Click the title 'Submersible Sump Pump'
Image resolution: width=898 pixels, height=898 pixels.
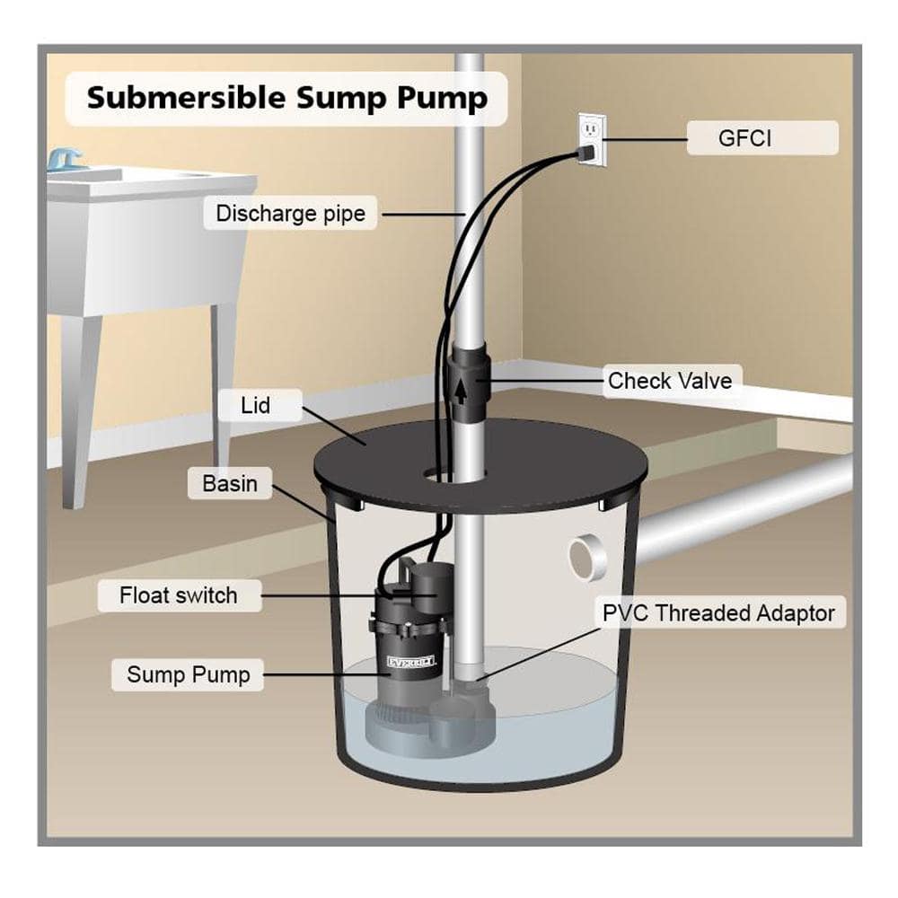tap(286, 98)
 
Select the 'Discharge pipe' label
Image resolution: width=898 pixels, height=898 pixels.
tap(290, 214)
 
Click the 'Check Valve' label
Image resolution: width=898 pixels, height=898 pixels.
tap(669, 381)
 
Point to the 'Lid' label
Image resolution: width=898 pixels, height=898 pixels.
tap(255, 405)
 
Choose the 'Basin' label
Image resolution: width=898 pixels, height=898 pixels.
tap(230, 483)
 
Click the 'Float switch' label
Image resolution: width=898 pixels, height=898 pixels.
tap(179, 594)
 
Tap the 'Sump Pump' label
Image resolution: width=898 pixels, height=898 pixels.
tap(188, 674)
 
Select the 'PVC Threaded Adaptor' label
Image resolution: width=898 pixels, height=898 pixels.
tap(718, 613)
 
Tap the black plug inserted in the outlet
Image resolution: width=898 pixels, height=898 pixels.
tap(584, 154)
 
